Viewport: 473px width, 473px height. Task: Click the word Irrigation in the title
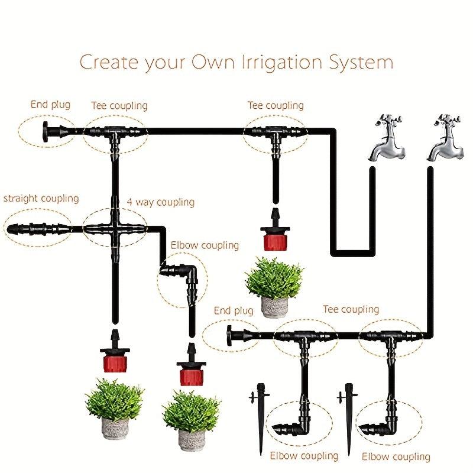tap(282, 63)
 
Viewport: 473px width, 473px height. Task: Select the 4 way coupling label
tap(160, 202)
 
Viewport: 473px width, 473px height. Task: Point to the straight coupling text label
tap(41, 199)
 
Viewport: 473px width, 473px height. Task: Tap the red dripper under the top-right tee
tap(275, 230)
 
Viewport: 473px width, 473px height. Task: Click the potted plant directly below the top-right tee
tap(274, 287)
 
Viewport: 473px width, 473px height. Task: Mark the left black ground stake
tap(260, 419)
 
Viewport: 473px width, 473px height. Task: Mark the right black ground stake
tap(349, 419)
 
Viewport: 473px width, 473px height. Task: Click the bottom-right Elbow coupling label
tap(396, 456)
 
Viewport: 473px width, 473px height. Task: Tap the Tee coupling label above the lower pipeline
tap(351, 309)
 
